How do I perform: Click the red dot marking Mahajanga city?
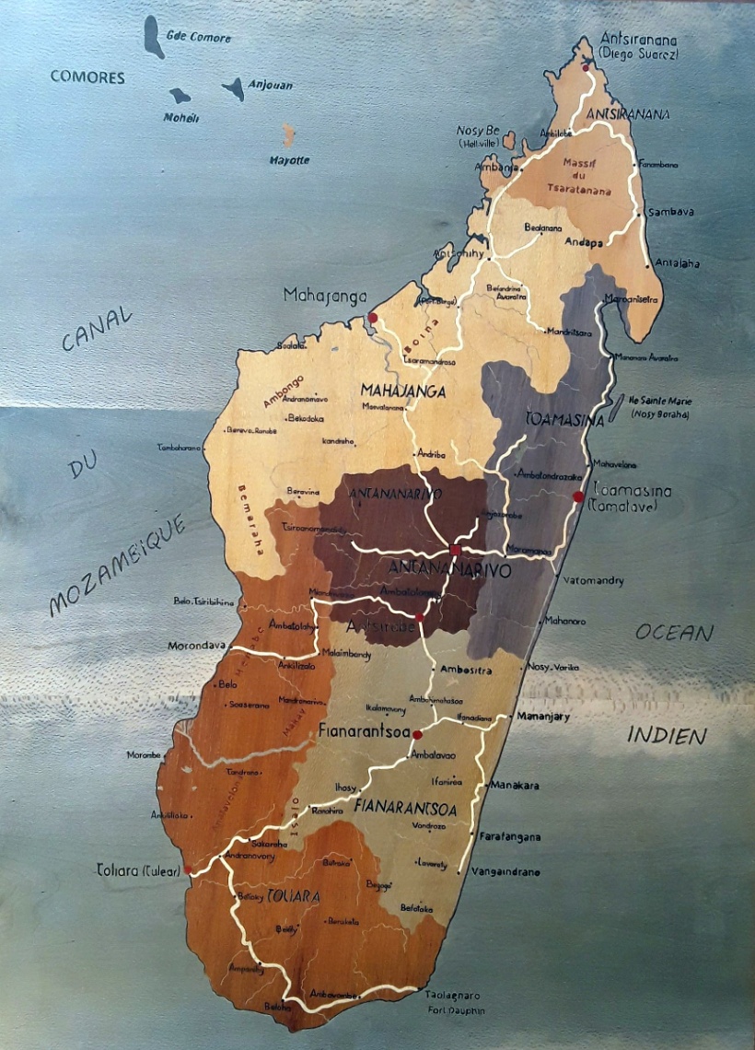tap(373, 318)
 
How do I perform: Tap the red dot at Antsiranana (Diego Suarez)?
tap(586, 67)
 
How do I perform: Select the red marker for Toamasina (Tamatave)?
tap(578, 497)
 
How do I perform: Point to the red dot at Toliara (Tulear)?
tap(188, 869)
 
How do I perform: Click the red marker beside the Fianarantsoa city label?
tap(417, 735)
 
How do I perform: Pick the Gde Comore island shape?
tap(154, 37)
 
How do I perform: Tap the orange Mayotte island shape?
tap(288, 135)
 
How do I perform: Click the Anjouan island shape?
tap(235, 88)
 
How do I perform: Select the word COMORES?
tap(87, 77)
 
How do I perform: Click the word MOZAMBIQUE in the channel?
tap(117, 566)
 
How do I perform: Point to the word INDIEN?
tap(667, 735)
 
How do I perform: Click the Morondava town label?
tap(196, 646)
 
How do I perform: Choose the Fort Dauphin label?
tap(452, 1010)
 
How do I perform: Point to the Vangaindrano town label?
tap(505, 871)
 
